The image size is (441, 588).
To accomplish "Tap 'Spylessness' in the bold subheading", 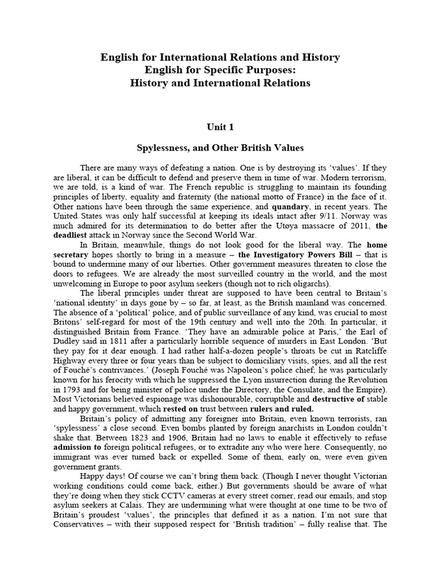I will point(163,147).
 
